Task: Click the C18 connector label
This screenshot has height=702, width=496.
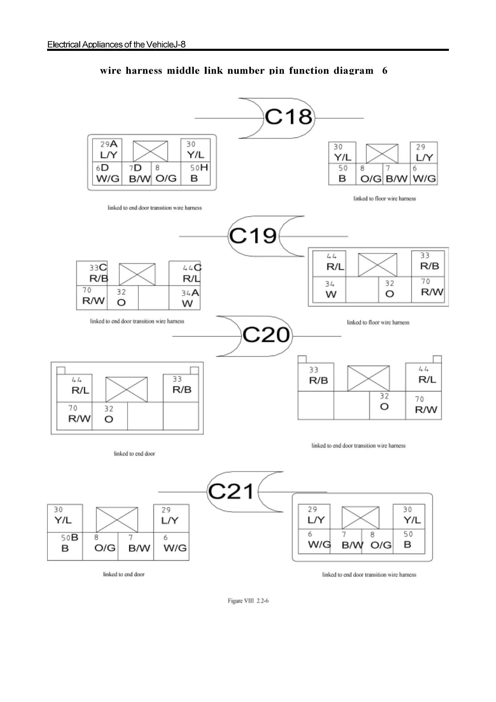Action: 288,117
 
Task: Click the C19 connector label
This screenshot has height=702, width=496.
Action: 253,236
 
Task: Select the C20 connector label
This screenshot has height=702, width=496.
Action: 266,335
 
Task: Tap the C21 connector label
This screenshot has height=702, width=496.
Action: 231,491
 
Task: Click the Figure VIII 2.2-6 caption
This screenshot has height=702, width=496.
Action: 248,601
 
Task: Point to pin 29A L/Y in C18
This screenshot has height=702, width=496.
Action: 109,150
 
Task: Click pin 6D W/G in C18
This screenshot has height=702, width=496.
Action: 107,173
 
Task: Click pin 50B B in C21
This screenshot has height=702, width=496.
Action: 68,543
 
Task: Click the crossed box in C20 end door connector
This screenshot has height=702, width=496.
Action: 126,389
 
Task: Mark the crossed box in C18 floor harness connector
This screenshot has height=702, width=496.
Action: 382,153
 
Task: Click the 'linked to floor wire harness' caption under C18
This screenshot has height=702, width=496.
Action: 384,198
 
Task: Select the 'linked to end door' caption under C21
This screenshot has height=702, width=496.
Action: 124,574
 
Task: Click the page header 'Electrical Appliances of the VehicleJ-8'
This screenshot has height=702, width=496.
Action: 116,44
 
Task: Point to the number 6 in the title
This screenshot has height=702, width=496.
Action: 385,70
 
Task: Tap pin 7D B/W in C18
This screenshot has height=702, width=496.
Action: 139,173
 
